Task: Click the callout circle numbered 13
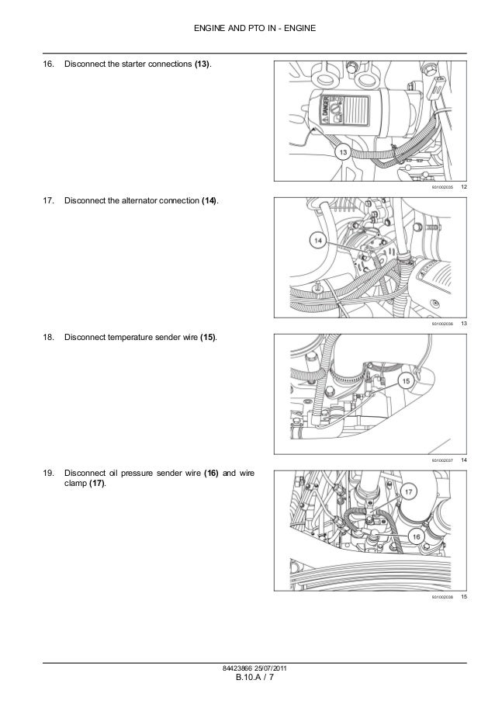[341, 154]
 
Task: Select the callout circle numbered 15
[406, 380]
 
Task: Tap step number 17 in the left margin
[48, 201]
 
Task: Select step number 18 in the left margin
[48, 338]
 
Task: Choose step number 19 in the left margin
[48, 473]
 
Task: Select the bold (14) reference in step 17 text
[209, 201]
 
